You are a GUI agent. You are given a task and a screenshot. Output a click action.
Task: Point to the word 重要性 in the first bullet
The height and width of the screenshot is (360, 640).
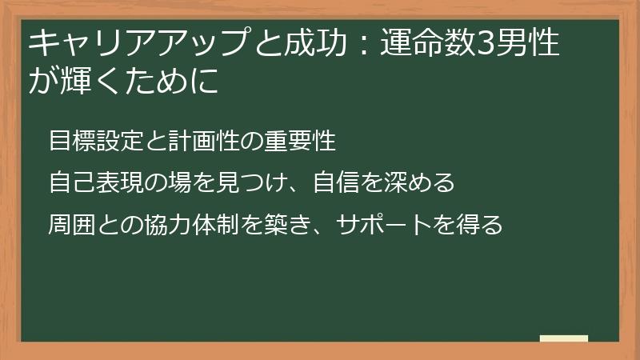[x=299, y=140]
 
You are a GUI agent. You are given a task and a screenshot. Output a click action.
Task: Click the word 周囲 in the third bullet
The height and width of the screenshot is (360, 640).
[x=72, y=225]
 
